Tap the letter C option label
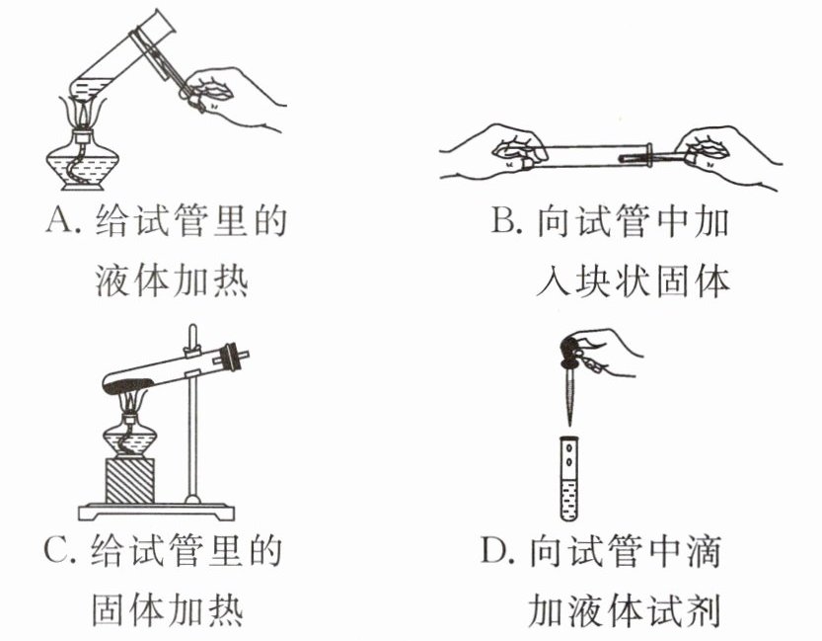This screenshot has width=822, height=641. (x=56, y=550)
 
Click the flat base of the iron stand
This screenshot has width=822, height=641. (x=158, y=511)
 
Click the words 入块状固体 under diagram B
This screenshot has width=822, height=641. (x=632, y=283)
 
